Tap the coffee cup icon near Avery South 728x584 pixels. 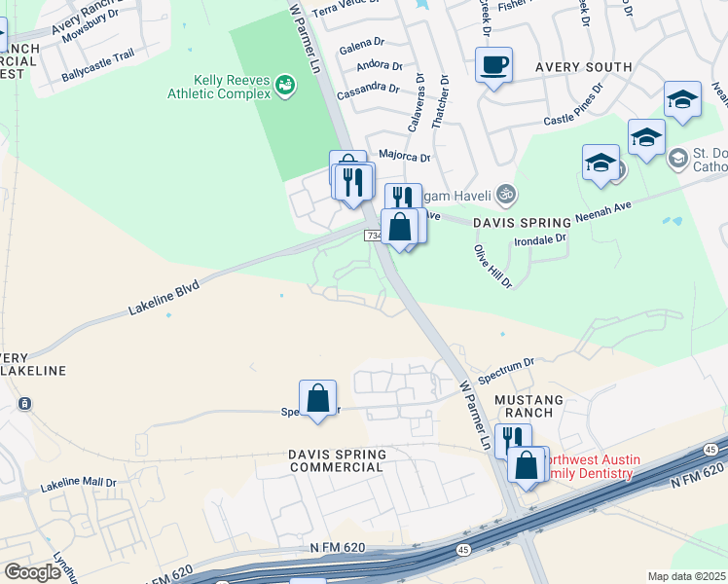(x=493, y=65)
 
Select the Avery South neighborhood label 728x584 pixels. (x=583, y=67)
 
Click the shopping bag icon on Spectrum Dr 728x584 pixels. (x=317, y=398)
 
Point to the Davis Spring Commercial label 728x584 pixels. (x=337, y=460)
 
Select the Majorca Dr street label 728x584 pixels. (x=404, y=156)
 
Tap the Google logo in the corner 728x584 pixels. (x=32, y=571)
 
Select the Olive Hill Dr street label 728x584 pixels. (x=492, y=266)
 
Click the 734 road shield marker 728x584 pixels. (x=375, y=236)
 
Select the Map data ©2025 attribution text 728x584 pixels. (x=686, y=576)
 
